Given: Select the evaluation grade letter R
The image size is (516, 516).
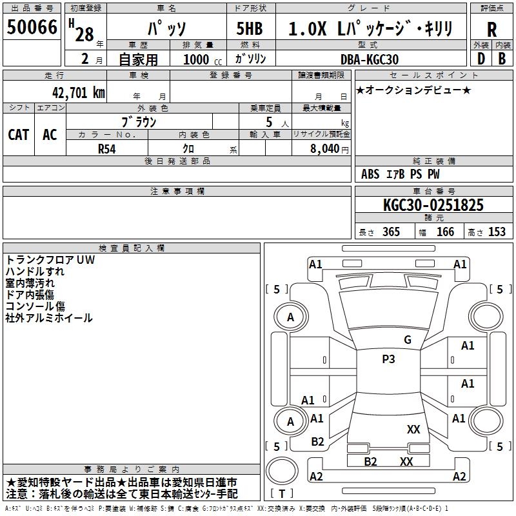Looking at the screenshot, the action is click(x=491, y=30).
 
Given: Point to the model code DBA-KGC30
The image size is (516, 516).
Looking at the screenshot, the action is click(x=370, y=59).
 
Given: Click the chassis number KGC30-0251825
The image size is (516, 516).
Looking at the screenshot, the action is click(x=433, y=205).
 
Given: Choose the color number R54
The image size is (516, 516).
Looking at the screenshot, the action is click(x=108, y=148).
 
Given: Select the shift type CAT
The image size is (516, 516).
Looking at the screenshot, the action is click(x=19, y=134).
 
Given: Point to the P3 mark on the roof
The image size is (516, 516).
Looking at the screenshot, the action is click(x=388, y=359).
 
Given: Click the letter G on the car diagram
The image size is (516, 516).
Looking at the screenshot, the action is click(x=407, y=339).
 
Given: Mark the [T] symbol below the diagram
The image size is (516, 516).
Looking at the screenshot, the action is click(x=282, y=493).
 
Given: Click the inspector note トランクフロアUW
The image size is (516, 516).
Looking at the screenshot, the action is click(x=50, y=260).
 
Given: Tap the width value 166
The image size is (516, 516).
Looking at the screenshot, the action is click(x=445, y=232).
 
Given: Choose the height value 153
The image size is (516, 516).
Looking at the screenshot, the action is click(x=497, y=232).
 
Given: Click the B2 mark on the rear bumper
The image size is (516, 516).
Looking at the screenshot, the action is click(x=370, y=461).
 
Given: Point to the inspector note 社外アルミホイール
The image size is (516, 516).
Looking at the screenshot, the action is click(x=49, y=318).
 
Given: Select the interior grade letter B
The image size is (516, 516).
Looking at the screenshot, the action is click(x=502, y=59).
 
